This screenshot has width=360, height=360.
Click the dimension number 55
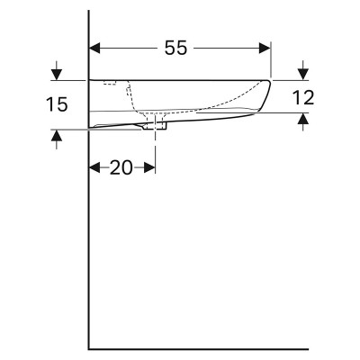pos(175,48)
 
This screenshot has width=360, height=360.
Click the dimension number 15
pos(57,104)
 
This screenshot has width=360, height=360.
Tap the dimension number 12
pos(303,97)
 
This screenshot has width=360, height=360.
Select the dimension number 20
pos(121,167)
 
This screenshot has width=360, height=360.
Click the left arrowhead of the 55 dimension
pos(94,48)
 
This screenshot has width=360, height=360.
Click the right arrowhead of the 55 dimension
pos(265,48)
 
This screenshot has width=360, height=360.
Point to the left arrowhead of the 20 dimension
pos(94,167)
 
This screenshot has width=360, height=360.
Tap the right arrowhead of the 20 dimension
pos(149,167)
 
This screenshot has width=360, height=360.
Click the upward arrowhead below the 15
pos(57,135)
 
